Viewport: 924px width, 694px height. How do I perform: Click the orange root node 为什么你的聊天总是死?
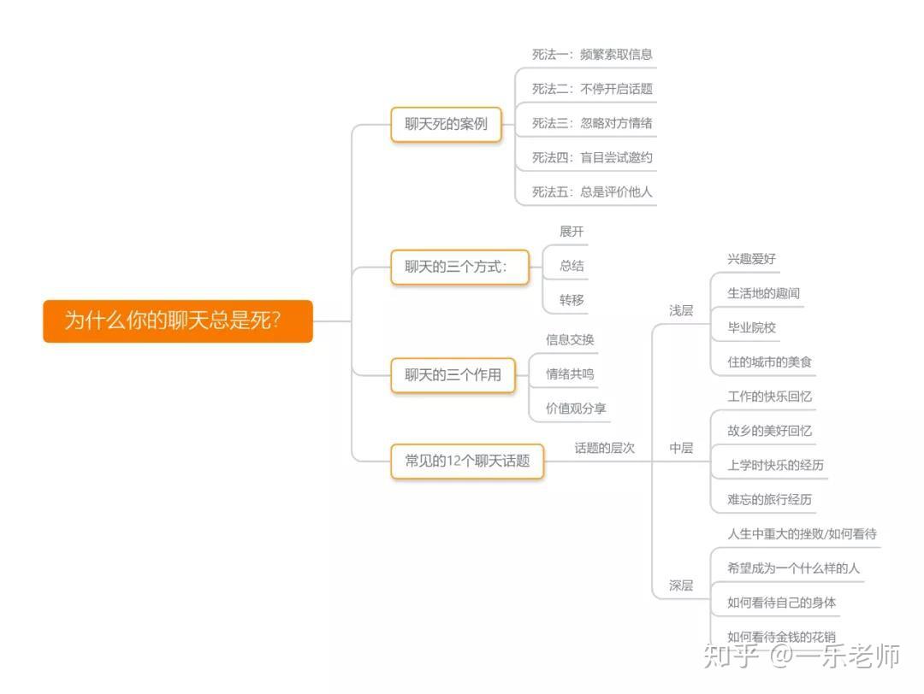[177, 321]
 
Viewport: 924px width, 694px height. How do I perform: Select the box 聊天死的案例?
[446, 124]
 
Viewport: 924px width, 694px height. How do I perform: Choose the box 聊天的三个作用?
[453, 374]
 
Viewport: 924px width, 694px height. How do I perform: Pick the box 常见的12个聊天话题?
[467, 461]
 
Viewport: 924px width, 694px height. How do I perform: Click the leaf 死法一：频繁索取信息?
[592, 54]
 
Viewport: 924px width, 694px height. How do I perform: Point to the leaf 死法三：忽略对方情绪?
[592, 123]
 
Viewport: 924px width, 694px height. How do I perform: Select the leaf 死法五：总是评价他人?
[592, 191]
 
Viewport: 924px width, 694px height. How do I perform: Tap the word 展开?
[572, 232]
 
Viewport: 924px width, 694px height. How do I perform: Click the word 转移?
[572, 300]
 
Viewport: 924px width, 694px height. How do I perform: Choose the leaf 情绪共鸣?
[570, 373]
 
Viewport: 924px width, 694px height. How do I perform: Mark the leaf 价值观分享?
[576, 409]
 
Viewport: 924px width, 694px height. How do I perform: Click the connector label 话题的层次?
[604, 448]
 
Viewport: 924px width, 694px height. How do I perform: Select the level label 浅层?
[681, 310]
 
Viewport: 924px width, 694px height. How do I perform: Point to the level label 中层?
[681, 448]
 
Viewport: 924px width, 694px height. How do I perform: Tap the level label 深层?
[681, 585]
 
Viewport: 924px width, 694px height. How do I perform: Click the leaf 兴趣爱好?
[751, 259]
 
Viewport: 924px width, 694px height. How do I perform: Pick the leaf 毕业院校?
[751, 327]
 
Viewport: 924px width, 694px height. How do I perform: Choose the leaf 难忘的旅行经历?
[769, 499]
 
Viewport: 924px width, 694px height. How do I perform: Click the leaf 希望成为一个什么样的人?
[793, 568]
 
